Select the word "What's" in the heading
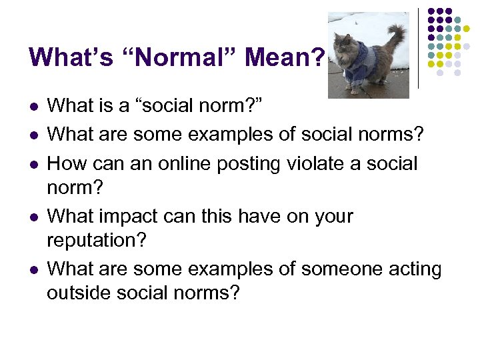[69, 57]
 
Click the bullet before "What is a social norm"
[33, 107]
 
